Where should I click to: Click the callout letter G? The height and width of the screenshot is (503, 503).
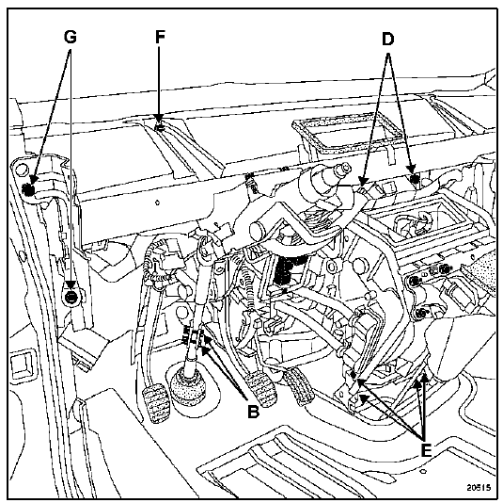point(70,37)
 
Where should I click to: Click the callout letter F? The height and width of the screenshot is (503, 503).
point(160,37)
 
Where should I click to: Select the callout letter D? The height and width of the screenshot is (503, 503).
point(387,40)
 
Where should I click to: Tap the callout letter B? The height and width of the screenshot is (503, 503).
point(253,411)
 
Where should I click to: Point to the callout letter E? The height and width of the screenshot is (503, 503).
point(426,450)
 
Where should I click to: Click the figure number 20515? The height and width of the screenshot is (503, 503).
point(479,487)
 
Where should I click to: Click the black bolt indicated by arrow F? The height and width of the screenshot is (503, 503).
point(160,128)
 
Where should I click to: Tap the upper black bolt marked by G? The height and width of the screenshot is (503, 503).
point(28,190)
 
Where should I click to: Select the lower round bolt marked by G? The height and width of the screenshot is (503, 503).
point(71,297)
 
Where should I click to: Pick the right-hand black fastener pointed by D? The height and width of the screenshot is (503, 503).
point(415,178)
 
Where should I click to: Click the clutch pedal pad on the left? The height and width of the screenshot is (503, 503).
point(157,402)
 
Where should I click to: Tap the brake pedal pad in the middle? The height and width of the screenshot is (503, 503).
point(261,390)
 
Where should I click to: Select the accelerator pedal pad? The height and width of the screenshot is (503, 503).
point(298,386)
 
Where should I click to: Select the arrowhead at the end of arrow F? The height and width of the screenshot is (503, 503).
point(159,119)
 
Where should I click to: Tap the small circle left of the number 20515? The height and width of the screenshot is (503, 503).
point(423,471)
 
